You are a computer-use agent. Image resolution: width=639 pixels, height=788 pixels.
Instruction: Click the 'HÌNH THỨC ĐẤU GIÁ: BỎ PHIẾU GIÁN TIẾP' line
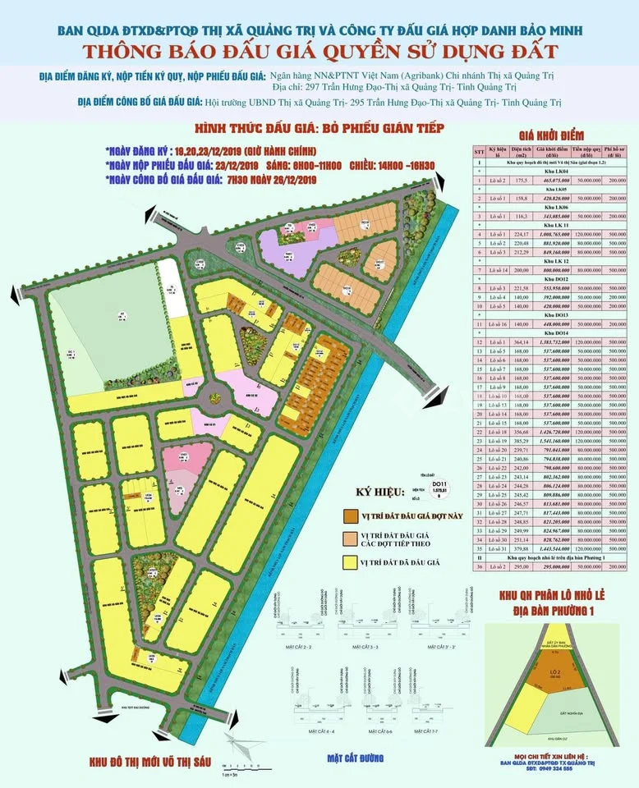point(319,129)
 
